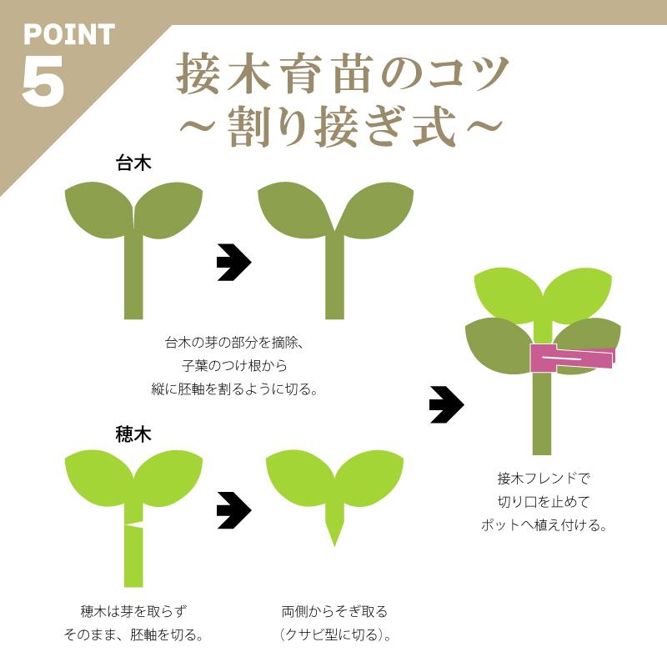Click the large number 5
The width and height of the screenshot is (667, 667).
[x=43, y=81]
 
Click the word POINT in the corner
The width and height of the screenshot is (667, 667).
[x=68, y=35]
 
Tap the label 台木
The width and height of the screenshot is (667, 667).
[x=133, y=163]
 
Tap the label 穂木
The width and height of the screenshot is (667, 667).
[x=133, y=434]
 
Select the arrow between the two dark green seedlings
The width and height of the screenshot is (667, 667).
[x=233, y=263]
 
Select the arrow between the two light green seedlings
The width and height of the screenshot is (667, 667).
[x=233, y=511]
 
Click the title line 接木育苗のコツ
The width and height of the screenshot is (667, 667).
[x=342, y=76]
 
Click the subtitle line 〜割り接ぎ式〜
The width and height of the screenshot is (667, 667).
[x=342, y=128]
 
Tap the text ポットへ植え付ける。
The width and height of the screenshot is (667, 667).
[x=543, y=525]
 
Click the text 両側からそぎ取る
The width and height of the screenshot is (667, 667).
[x=334, y=611]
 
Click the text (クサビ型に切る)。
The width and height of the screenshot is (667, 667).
[x=334, y=635]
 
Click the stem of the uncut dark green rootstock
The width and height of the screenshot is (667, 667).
[x=133, y=275]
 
